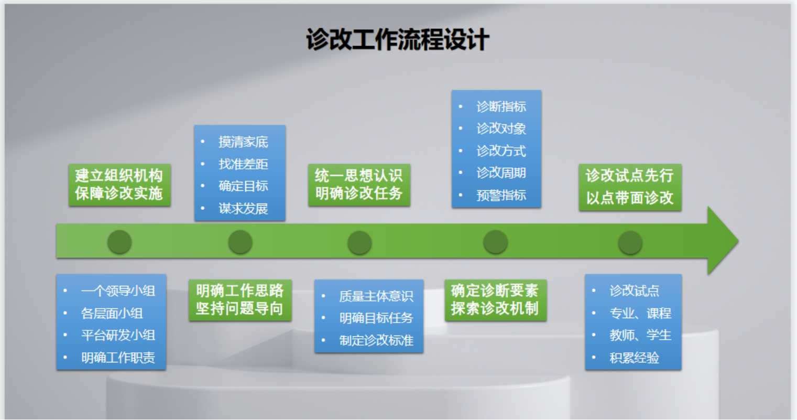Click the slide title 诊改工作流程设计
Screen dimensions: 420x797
(x=398, y=40)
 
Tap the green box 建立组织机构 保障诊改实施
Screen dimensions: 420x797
(x=119, y=185)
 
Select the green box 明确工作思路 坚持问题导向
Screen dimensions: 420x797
(x=240, y=300)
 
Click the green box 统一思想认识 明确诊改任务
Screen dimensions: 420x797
(x=359, y=185)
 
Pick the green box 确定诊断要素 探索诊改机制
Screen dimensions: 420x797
(x=495, y=300)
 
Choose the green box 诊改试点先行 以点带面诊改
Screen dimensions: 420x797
(x=630, y=187)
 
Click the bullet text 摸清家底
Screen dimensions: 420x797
(x=243, y=142)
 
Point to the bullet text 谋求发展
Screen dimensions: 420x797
(x=243, y=209)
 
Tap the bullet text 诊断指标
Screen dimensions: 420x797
(x=501, y=106)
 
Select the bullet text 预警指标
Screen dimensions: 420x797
(x=501, y=195)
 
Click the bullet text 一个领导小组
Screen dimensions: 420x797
(x=118, y=291)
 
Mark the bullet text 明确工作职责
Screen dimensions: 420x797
(x=118, y=358)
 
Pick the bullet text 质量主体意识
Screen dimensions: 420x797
(x=376, y=296)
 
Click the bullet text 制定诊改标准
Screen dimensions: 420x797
(x=376, y=340)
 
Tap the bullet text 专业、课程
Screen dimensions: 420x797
(x=640, y=313)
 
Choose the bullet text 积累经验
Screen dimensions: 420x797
(x=634, y=358)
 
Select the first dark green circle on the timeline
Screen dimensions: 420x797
(x=119, y=242)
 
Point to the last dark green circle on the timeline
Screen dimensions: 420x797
(x=630, y=242)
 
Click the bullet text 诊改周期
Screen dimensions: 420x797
(x=501, y=173)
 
